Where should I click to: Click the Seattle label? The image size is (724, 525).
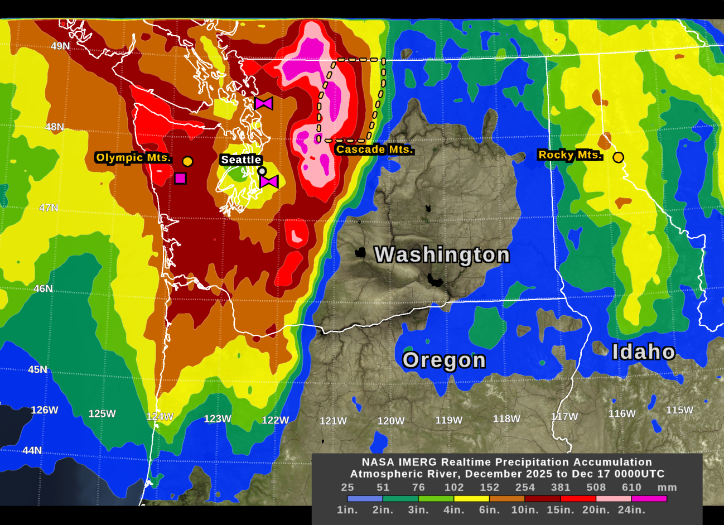241,160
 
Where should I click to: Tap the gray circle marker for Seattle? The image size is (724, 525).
262,171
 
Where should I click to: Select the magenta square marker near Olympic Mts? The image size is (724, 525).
180,179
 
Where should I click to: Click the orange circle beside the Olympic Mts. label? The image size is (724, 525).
188,161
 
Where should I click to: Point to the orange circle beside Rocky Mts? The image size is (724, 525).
618,157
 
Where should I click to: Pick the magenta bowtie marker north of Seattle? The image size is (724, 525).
264,103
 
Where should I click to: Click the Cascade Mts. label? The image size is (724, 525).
374,150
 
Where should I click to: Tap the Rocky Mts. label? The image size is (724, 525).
570,155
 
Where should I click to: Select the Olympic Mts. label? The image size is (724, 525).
133,158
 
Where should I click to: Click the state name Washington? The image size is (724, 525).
442,254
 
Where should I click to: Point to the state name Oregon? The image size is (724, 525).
444,360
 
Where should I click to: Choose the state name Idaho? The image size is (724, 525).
644,352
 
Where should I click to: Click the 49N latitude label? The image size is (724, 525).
61,46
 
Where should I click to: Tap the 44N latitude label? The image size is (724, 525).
32,450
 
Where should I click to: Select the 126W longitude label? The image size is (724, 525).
45,410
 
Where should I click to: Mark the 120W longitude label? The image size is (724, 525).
391,421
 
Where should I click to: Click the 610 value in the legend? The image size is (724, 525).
631,487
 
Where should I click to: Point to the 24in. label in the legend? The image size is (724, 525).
631,510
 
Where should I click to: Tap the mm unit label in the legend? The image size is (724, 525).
667,487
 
